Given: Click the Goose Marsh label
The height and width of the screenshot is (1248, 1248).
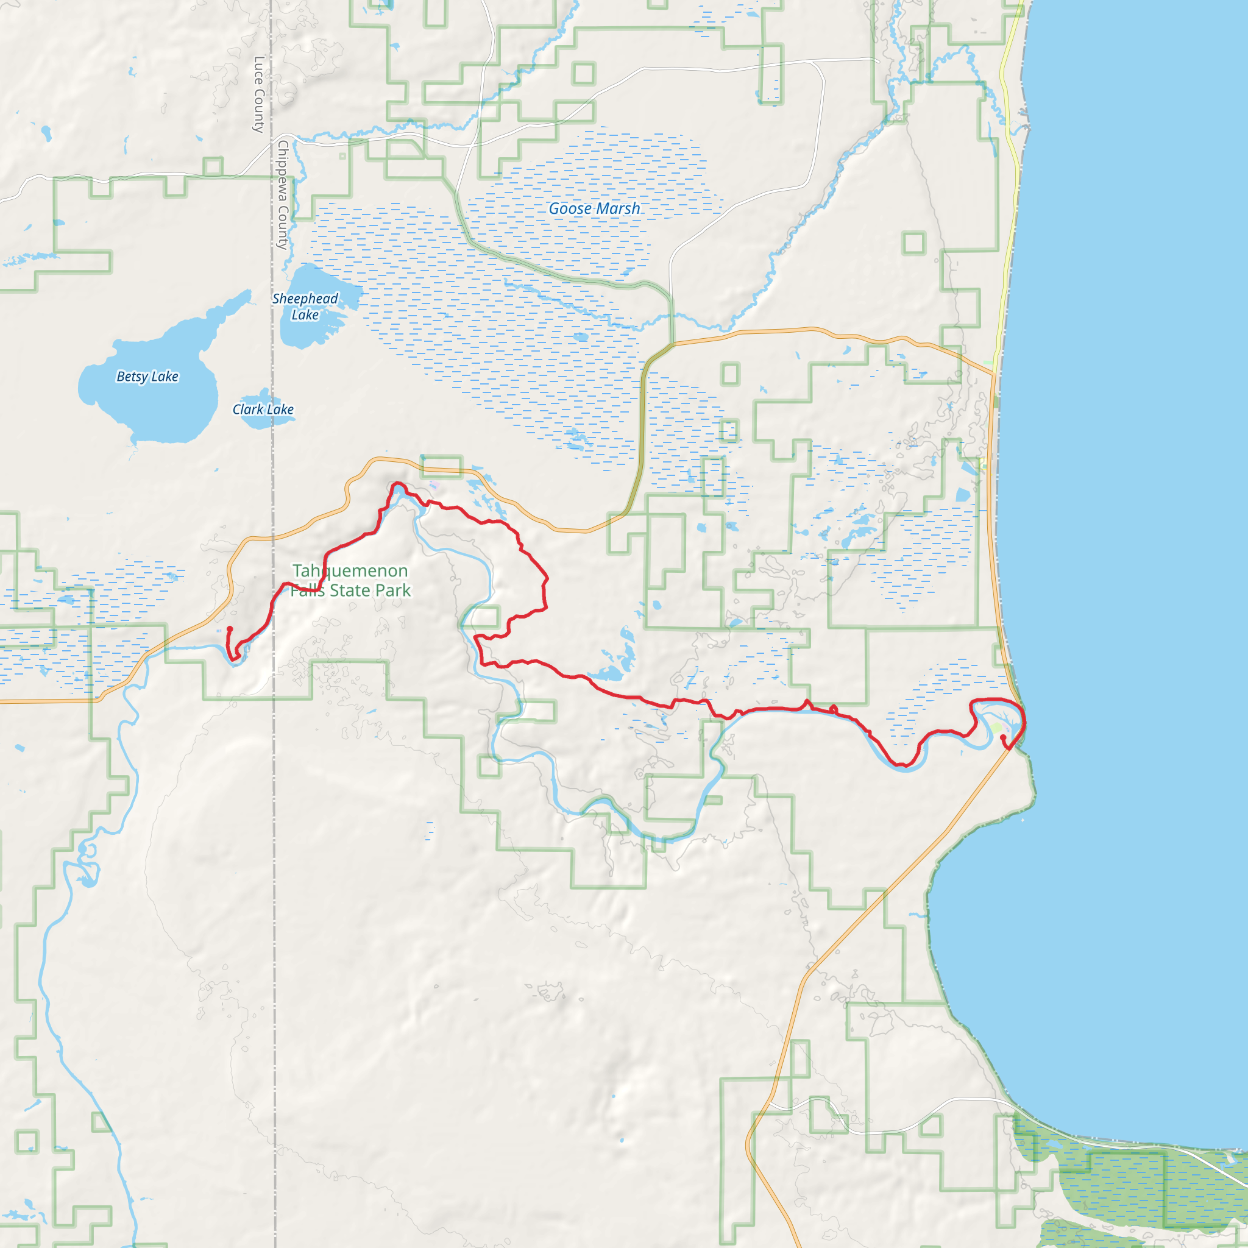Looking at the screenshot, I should click(594, 208).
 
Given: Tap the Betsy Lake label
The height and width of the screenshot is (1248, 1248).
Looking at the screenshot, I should click(147, 377).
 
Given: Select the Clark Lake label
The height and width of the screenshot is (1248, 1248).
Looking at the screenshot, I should click(263, 409).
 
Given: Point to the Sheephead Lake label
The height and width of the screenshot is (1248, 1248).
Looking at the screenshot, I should click(305, 307).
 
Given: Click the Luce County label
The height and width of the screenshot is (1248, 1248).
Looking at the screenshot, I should click(259, 94).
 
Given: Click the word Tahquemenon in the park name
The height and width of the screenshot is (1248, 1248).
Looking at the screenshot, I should click(350, 571).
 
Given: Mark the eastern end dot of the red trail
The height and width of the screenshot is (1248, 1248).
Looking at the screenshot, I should click(1002, 737).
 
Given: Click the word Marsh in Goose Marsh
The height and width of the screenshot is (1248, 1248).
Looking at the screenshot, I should click(618, 208).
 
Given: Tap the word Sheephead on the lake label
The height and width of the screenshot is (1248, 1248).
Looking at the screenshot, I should click(305, 299).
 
